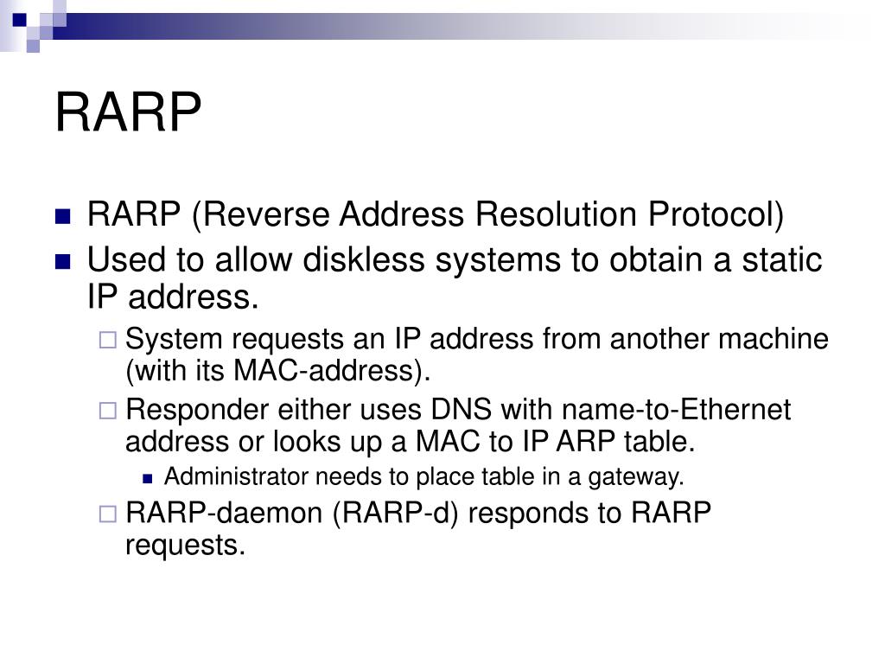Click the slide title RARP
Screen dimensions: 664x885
click(x=128, y=112)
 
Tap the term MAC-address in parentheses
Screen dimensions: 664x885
click(x=328, y=371)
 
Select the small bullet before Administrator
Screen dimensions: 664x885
click(x=148, y=477)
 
